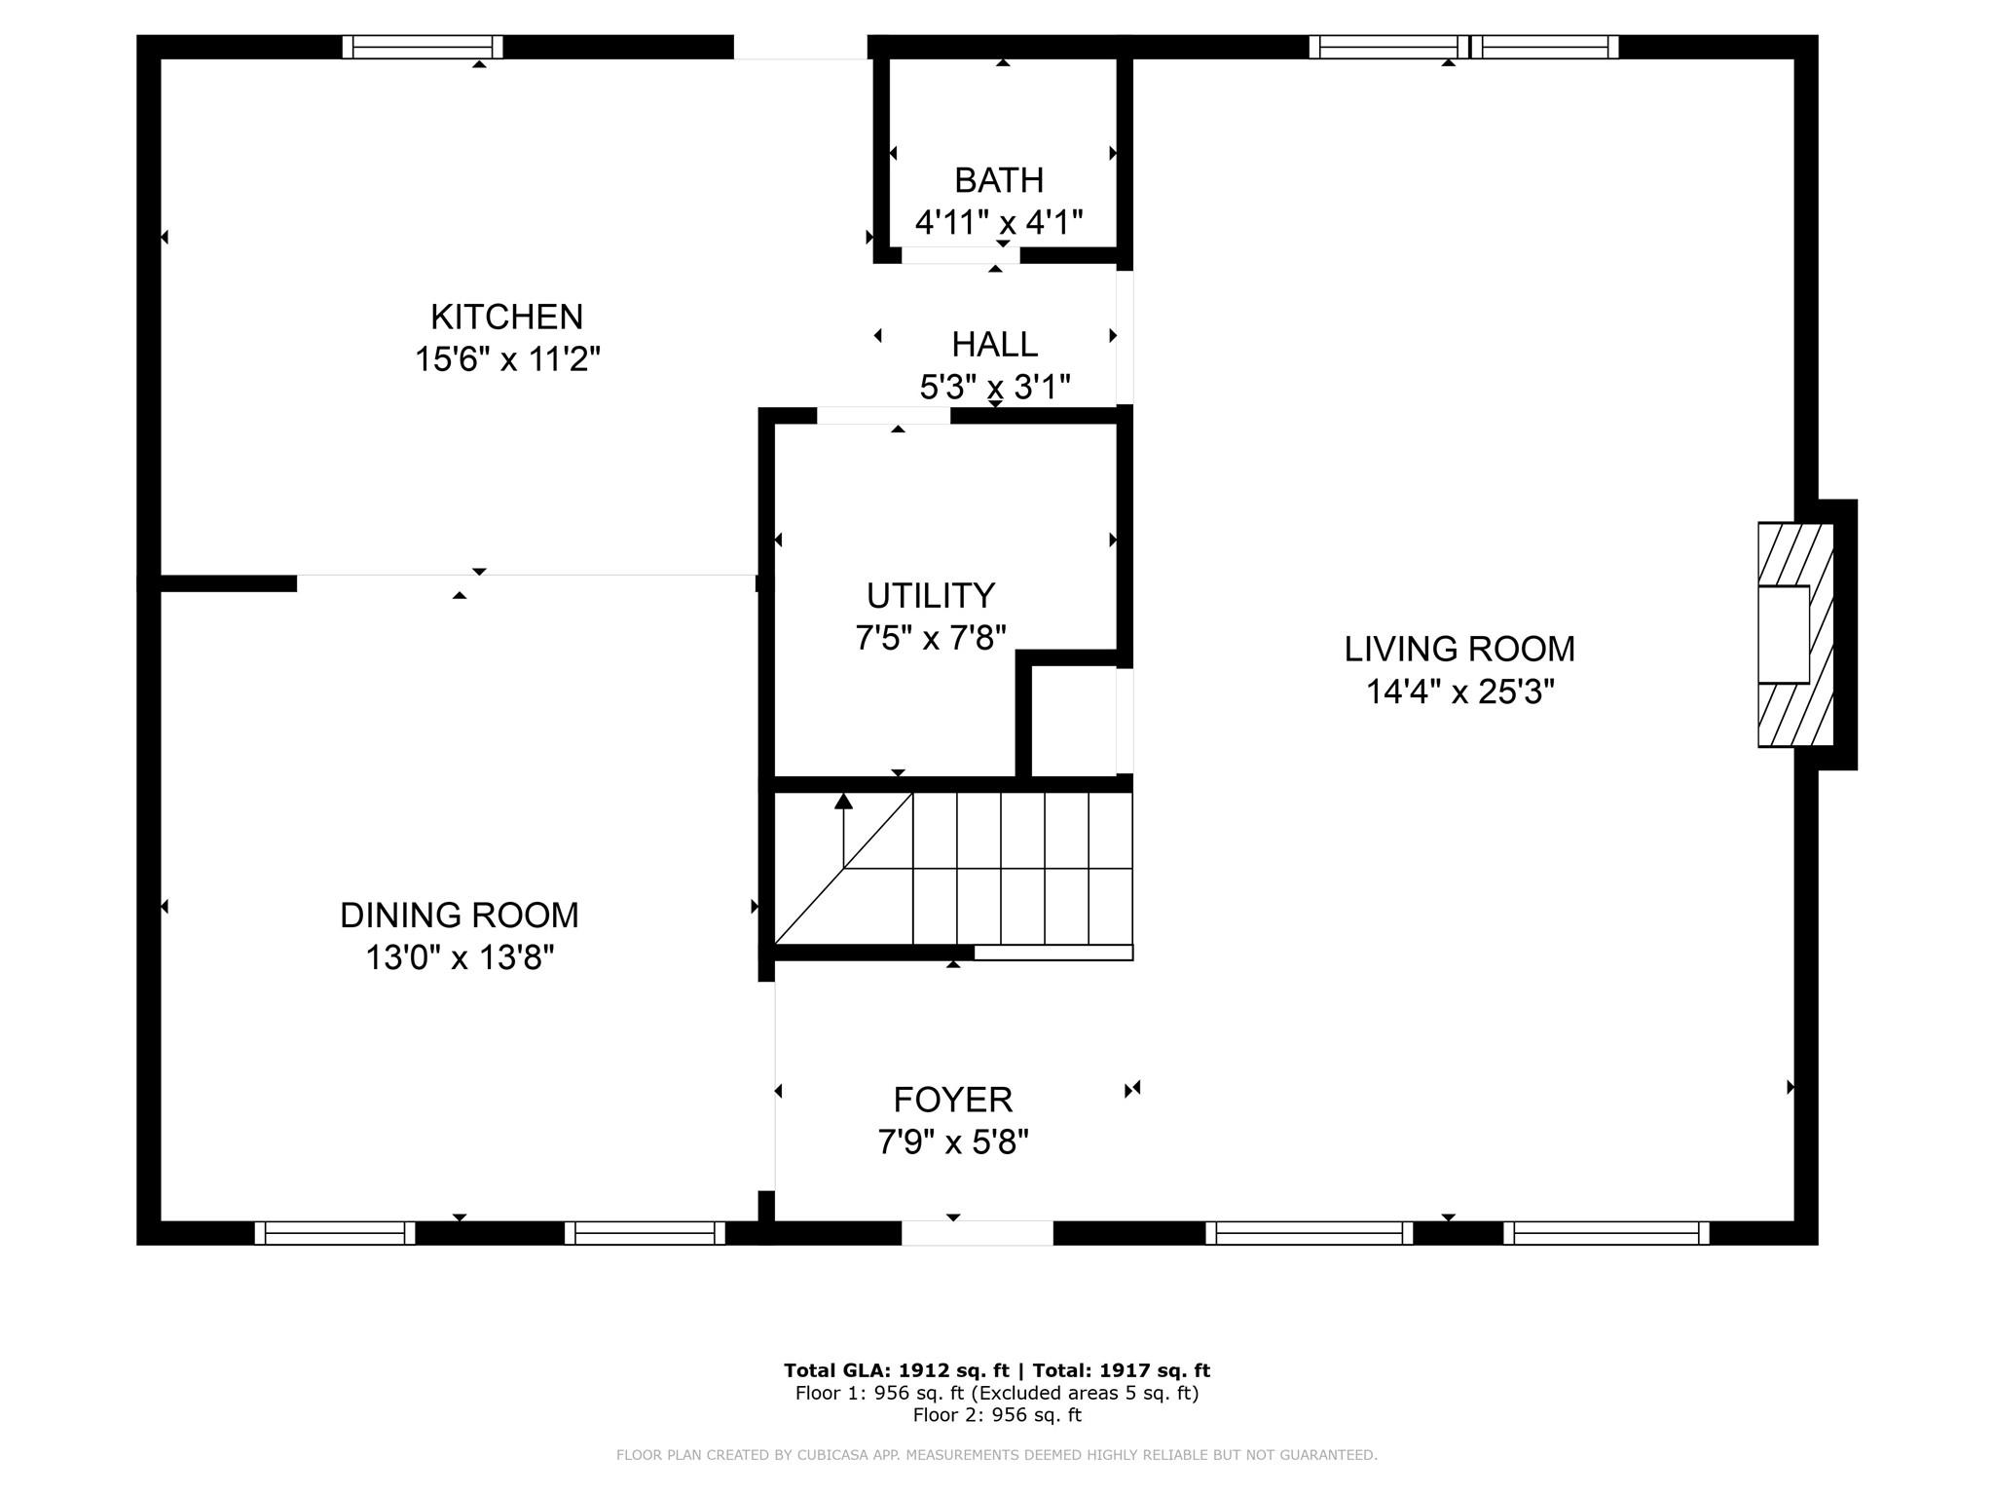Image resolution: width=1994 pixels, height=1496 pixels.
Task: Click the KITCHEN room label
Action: point(506,317)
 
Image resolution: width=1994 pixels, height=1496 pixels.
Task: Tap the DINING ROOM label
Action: point(460,916)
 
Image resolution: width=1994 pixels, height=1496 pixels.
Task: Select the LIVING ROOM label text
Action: point(1459,649)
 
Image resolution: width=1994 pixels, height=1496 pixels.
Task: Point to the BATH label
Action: point(999,180)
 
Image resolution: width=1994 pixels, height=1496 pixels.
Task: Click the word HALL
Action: point(994,344)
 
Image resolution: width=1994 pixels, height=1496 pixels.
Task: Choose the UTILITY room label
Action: point(931,595)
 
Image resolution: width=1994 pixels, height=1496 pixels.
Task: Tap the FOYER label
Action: point(953,1100)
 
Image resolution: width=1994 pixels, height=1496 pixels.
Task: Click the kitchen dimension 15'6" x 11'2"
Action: point(507,359)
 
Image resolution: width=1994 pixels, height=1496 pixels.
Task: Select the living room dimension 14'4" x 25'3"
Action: point(1459,692)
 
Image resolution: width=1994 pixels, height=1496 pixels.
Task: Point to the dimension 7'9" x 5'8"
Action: point(953,1141)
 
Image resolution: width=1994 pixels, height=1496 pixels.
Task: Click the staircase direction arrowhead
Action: point(843,802)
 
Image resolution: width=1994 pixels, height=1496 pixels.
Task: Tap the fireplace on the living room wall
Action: point(1796,635)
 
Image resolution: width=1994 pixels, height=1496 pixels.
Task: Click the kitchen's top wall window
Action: point(423,47)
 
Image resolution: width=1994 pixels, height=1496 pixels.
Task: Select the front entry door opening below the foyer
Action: point(978,1233)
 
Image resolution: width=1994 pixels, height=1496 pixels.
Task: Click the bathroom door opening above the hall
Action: point(960,255)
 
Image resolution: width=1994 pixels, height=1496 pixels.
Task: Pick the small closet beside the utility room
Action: point(1074,721)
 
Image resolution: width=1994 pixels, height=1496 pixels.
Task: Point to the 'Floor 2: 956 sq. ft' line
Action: point(997,1415)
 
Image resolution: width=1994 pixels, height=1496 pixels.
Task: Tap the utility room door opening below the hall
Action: point(883,416)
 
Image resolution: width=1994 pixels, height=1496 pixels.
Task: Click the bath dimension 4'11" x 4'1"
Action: point(999,223)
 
